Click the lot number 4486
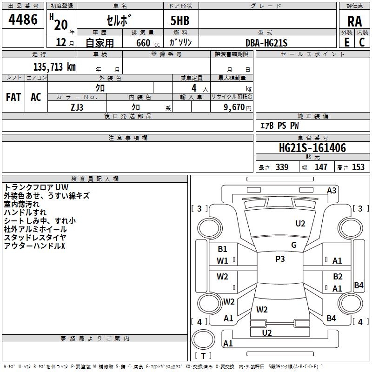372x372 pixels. point(23,20)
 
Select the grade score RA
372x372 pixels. point(354,21)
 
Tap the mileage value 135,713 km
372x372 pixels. point(54,66)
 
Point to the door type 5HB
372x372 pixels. point(180,20)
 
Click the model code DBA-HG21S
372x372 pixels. point(266,43)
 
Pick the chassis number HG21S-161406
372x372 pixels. point(312,148)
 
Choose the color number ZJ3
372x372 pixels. point(77,107)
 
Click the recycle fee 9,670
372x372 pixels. point(234,107)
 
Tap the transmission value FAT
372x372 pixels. point(13,97)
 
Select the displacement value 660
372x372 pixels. point(143,43)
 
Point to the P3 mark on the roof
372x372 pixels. point(280,259)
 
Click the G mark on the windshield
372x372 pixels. point(294,245)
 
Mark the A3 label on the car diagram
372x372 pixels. point(332,191)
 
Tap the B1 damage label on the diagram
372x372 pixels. point(222,249)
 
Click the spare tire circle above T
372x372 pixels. point(203,339)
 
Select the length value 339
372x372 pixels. point(282,167)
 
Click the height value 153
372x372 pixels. point(358,167)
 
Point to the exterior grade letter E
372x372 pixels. point(347,42)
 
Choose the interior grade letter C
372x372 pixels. point(362,42)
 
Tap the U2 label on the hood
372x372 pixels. point(300,224)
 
